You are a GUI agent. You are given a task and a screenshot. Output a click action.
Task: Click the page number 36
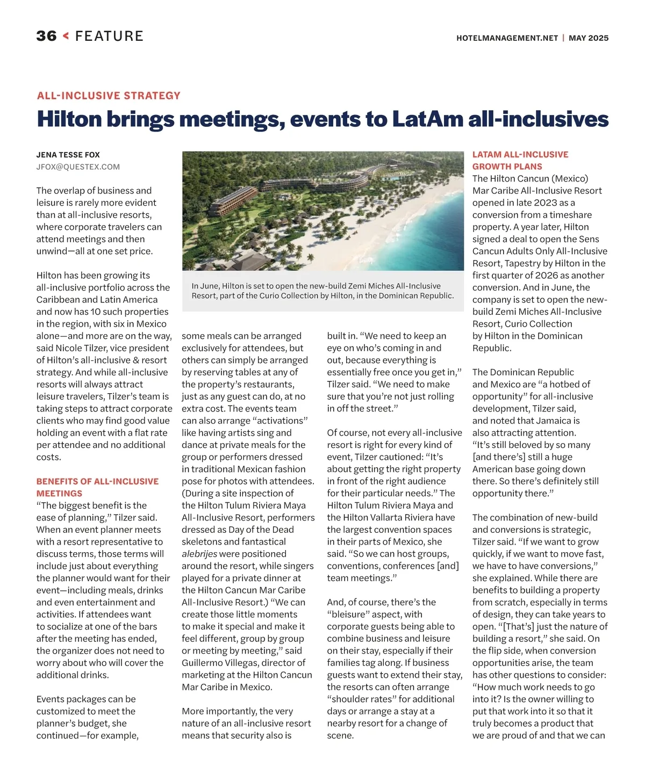pos(46,36)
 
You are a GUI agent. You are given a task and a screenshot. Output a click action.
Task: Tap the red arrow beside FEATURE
pos(66,36)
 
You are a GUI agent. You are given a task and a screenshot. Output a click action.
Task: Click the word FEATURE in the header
pos(109,36)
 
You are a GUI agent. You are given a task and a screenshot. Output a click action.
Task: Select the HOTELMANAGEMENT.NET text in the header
pos(507,38)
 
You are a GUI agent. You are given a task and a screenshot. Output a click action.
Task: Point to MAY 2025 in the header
pos(589,38)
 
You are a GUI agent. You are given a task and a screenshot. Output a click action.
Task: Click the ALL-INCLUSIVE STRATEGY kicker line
pos(109,96)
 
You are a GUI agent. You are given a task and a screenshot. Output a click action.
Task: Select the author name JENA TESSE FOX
pos(68,155)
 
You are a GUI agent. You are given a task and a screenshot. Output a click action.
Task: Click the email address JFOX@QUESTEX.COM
pos(78,167)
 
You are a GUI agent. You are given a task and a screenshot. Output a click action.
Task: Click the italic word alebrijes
pos(199,554)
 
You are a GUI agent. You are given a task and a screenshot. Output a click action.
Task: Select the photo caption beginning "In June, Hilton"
pos(322,291)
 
